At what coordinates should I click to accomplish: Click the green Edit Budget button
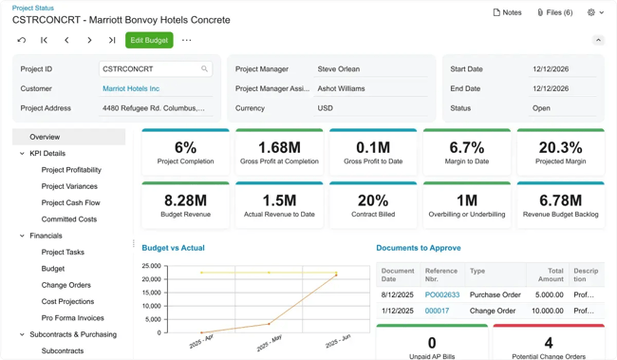tap(149, 41)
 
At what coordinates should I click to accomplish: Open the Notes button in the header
tap(507, 12)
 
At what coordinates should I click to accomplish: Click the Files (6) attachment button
tap(554, 12)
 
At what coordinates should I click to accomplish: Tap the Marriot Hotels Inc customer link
tap(131, 88)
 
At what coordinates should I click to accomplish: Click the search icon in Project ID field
tap(204, 69)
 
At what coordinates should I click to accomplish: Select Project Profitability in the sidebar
tap(71, 170)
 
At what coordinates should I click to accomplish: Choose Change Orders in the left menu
tap(65, 285)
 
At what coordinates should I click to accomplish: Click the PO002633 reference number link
tap(442, 294)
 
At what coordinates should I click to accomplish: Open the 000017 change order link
tap(437, 311)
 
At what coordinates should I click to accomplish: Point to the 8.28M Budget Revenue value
tap(185, 200)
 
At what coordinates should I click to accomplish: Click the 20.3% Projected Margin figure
tap(560, 147)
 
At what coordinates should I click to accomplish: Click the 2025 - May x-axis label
tap(269, 341)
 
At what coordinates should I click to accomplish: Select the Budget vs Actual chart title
tap(173, 248)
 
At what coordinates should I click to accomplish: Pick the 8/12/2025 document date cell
tap(398, 294)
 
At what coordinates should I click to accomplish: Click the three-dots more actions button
tap(186, 41)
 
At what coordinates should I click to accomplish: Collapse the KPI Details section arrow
tap(22, 153)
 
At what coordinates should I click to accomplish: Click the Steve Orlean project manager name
tap(338, 69)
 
